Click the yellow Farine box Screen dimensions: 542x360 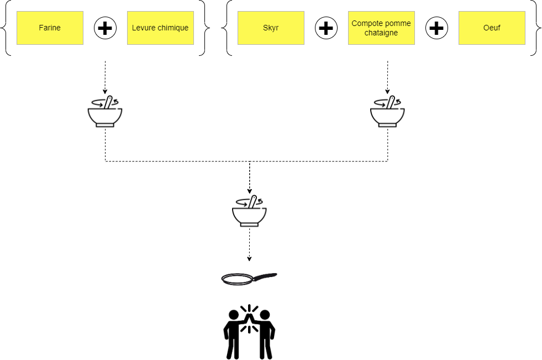coord(50,28)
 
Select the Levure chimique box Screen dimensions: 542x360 coord(160,28)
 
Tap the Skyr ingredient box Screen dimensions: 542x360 coord(271,28)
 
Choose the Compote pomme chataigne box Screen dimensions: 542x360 coord(381,28)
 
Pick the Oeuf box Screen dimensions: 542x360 coord(492,28)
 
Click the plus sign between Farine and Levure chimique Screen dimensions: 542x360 coord(105,28)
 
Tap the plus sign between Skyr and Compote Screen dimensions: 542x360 coord(327,28)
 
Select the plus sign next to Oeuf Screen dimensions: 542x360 coord(436,28)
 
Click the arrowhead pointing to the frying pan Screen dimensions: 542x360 coord(249,259)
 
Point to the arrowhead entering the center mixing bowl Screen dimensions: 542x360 coord(249,191)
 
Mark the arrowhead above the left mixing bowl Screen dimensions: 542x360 coord(105,92)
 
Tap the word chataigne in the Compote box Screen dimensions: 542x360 coord(381,33)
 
